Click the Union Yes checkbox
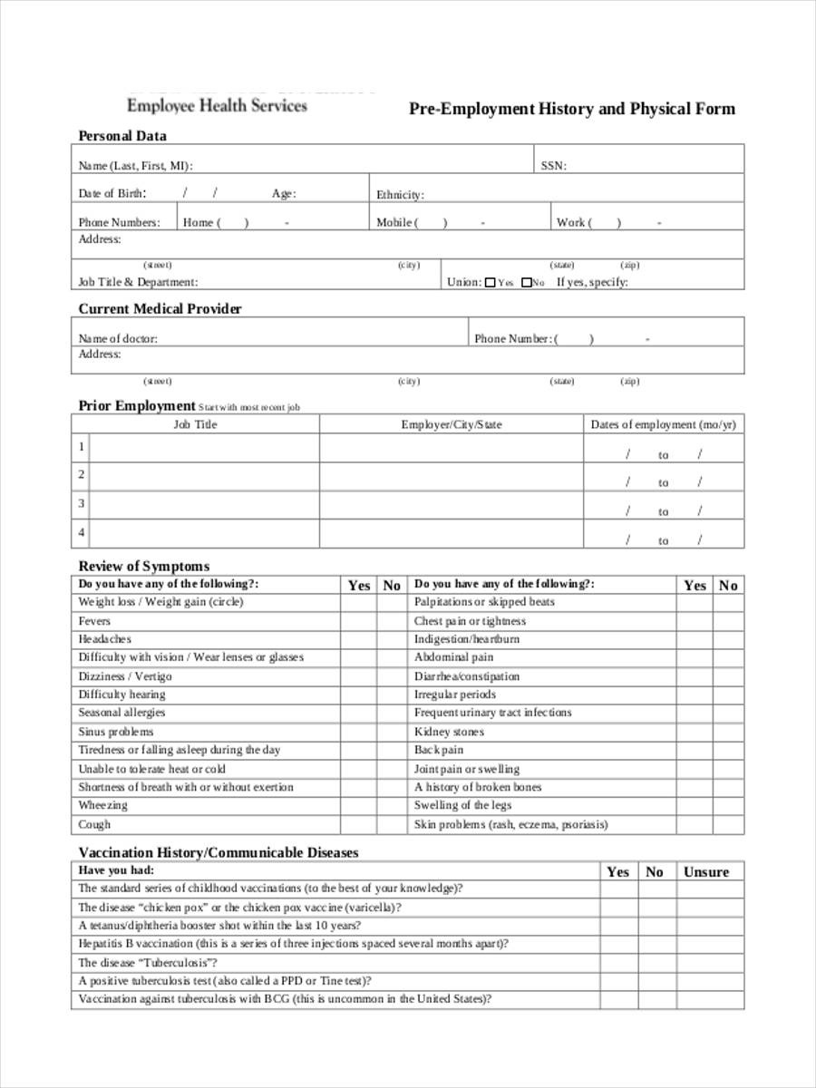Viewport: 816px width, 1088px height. tap(491, 283)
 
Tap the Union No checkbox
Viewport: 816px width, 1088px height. tap(526, 283)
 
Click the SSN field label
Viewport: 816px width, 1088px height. tap(553, 166)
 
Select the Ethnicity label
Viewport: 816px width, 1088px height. tap(400, 195)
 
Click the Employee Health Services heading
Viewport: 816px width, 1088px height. tap(217, 105)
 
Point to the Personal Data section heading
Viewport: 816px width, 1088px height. tap(122, 136)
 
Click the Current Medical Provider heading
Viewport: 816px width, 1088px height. tap(160, 309)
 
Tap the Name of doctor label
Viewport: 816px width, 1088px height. tap(118, 338)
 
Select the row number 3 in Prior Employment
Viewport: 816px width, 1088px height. tap(82, 503)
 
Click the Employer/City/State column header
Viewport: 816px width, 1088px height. tap(451, 424)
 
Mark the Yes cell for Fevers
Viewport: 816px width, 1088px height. tap(359, 621)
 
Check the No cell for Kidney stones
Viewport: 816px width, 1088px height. tap(728, 732)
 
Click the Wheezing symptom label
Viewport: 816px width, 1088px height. tap(102, 805)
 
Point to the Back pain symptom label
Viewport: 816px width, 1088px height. tap(439, 750)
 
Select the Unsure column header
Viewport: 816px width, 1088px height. tap(705, 872)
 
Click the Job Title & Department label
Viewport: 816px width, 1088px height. tap(138, 282)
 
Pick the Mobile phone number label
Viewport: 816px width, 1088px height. tap(396, 222)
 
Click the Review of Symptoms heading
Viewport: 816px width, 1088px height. tap(143, 567)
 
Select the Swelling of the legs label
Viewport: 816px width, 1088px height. tap(462, 805)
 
